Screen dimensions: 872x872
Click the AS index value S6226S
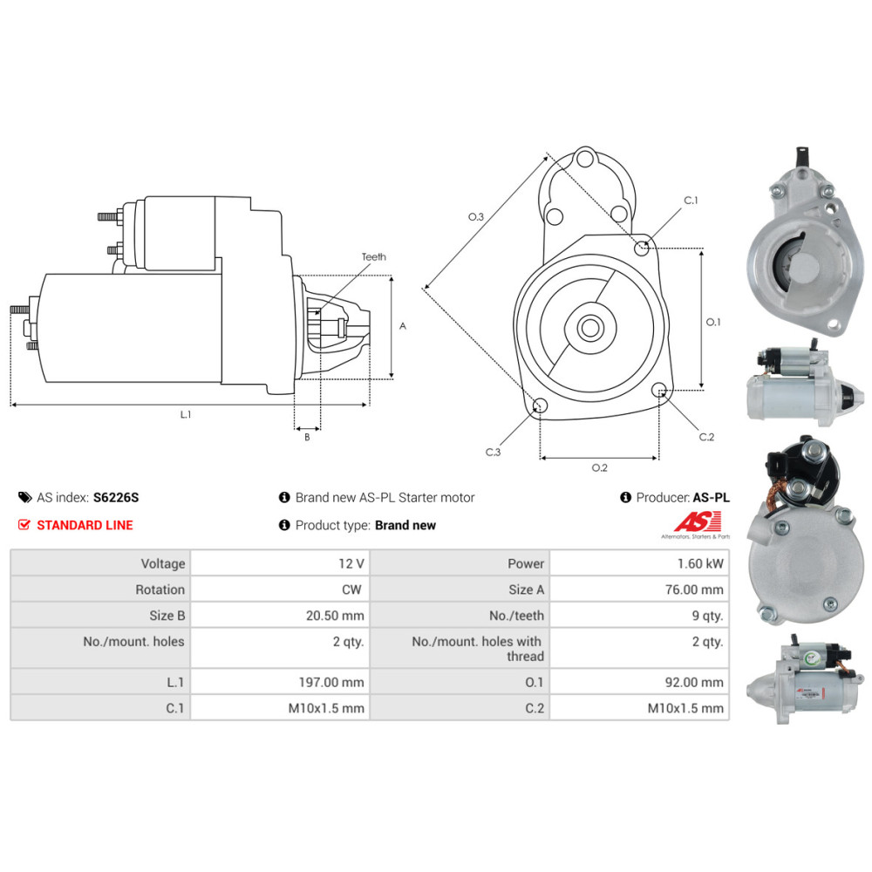pos(116,498)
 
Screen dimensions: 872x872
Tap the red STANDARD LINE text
pos(85,525)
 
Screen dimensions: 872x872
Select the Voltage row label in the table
pos(163,564)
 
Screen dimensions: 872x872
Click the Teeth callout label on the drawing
pos(374,257)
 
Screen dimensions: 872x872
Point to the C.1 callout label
pos(691,201)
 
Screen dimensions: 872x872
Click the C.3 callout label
pos(494,452)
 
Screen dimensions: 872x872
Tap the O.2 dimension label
pos(600,468)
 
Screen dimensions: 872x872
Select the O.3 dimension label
pos(476,217)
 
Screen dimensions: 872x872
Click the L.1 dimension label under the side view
pos(186,415)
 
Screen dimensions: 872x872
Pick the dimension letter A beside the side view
pos(403,326)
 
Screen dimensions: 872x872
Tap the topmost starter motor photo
pos(800,249)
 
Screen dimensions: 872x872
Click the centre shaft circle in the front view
pos(589,329)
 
